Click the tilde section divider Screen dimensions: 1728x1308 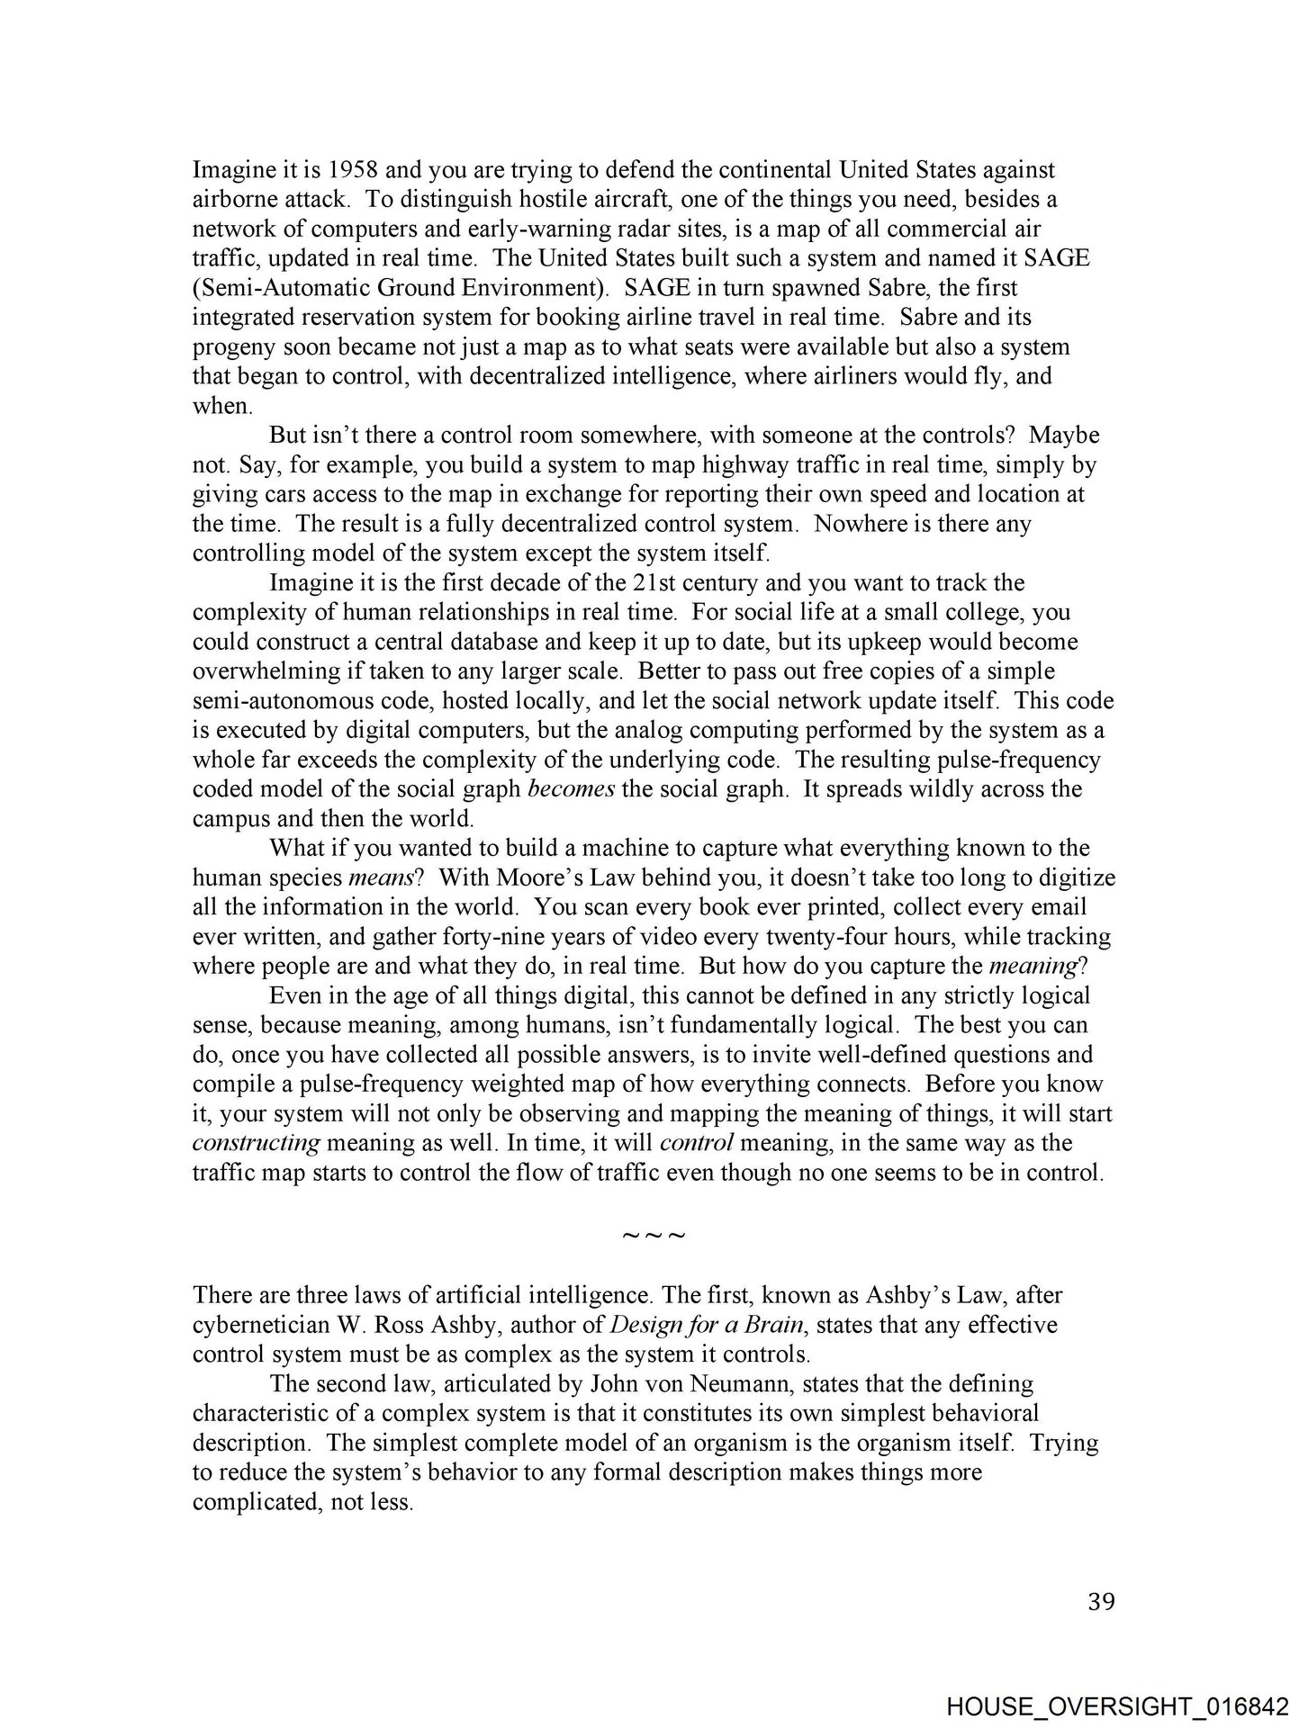654,1235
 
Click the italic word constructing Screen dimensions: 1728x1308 257,1143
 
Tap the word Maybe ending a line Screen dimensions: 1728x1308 1064,436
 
